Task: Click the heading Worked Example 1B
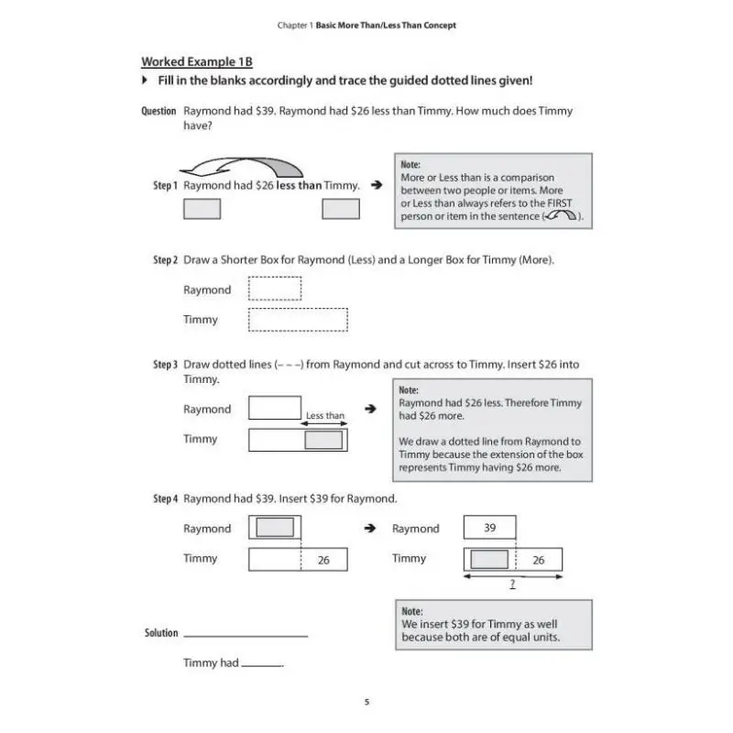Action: (196, 61)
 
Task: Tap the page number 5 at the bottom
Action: (366, 702)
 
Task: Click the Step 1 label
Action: (165, 185)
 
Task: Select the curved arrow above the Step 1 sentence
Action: (242, 166)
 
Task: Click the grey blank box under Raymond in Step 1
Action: (202, 209)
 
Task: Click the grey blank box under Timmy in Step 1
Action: (341, 209)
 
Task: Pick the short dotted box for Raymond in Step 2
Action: (275, 290)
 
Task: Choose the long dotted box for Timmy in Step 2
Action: (299, 320)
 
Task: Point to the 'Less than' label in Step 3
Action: (325, 416)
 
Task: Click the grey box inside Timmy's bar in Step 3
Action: (323, 440)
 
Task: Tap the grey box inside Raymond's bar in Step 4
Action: (275, 528)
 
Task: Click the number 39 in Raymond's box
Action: (490, 528)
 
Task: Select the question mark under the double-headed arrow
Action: (513, 584)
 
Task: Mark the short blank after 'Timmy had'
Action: (262, 663)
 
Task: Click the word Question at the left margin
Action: (159, 111)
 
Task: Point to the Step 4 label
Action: (165, 498)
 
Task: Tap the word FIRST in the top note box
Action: (559, 203)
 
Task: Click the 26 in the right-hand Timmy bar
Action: (539, 560)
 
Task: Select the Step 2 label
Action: (165, 260)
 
